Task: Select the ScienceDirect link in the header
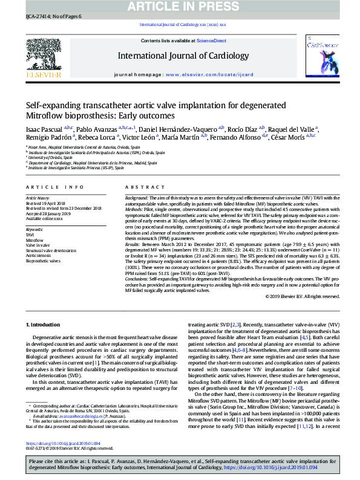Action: [211, 41]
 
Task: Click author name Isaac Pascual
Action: [44, 129]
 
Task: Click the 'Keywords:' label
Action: [34, 230]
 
